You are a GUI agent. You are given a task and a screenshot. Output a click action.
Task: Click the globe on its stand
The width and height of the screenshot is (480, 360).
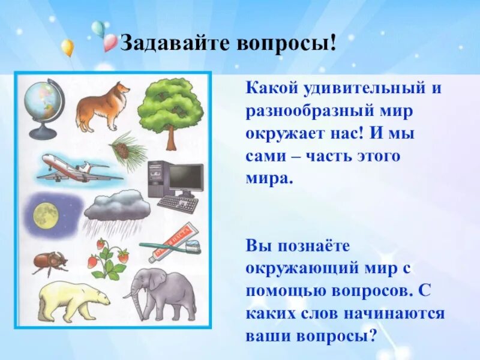coord(43,105)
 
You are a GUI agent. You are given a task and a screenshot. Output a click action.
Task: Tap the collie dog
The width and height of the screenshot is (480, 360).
coord(103,107)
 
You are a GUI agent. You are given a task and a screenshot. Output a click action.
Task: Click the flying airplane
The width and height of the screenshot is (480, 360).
coord(78,168)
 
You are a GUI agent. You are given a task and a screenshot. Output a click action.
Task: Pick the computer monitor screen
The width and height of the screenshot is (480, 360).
coord(185,178)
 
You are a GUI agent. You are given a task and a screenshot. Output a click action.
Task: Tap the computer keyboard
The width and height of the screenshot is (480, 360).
coord(178,205)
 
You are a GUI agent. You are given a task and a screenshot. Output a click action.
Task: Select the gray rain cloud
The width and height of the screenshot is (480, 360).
coord(117,207)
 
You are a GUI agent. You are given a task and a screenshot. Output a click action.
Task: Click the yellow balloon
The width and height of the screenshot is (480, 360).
coord(68,47)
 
